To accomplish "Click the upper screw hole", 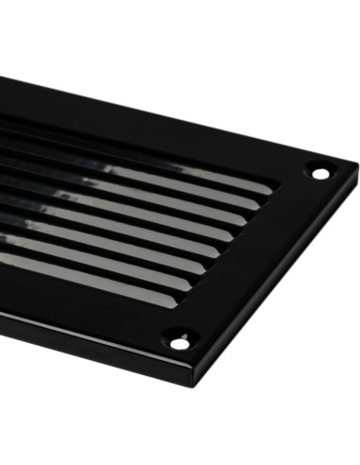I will [x=320, y=173].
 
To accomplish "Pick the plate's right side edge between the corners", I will [x=283, y=284].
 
